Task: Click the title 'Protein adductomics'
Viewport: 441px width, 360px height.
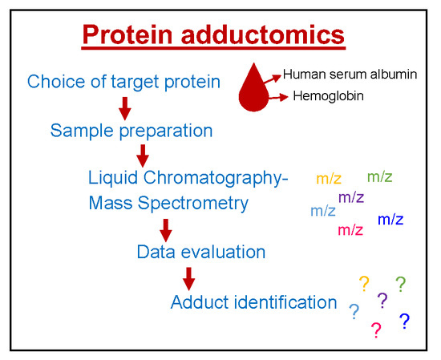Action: pos(213,34)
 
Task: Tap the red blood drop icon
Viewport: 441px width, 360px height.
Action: pos(253,87)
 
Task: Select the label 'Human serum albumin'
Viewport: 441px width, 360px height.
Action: pos(350,75)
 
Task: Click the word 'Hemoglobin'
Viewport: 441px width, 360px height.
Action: pos(328,96)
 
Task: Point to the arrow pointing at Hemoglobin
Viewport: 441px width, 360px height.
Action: pos(278,97)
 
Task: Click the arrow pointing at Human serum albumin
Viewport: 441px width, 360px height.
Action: pos(273,79)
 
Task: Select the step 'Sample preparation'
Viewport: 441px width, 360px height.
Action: pos(131,131)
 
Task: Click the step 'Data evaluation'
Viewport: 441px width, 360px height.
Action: pos(201,252)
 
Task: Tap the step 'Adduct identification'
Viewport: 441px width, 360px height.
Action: pos(253,302)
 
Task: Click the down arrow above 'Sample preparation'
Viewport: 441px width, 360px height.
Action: pos(125,108)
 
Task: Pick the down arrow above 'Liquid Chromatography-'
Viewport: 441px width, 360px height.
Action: pos(143,156)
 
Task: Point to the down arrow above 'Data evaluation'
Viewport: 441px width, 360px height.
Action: pos(166,230)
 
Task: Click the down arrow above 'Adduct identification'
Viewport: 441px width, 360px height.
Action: pos(188,279)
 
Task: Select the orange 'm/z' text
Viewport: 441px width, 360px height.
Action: pos(329,179)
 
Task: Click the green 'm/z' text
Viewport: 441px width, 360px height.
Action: pos(380,176)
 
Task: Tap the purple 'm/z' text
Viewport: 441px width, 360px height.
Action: pos(351,197)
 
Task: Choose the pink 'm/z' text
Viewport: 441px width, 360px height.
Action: pos(350,230)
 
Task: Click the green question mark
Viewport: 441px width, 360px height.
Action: pos(401,285)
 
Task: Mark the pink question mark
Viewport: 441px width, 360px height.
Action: pos(376,330)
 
